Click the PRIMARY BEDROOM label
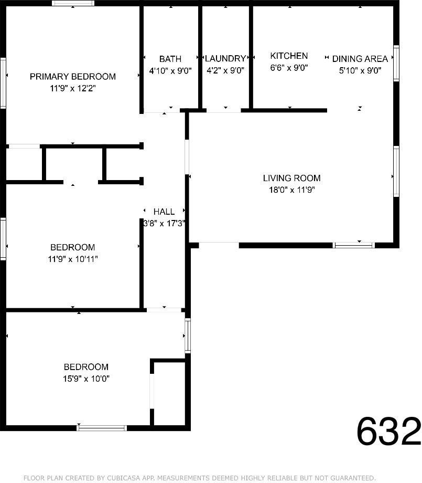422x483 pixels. tap(72, 77)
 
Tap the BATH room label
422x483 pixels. tap(170, 59)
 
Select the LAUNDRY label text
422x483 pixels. tap(225, 59)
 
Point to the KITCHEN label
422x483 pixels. tap(289, 56)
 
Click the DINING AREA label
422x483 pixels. tap(360, 59)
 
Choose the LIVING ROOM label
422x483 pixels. tap(291, 178)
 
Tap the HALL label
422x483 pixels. tap(164, 212)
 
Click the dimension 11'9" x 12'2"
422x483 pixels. tap(72, 89)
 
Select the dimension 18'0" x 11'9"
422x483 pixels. tap(291, 190)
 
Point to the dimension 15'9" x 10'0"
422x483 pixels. tap(86, 379)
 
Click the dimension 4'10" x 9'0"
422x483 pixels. tap(170, 70)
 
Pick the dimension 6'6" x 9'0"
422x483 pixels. tap(289, 67)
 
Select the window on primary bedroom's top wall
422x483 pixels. tap(73, 3)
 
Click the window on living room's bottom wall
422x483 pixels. tap(354, 245)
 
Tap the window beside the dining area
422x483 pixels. tap(396, 63)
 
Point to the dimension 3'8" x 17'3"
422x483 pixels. tap(164, 223)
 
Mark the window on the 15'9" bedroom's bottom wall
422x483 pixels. tap(102, 428)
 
